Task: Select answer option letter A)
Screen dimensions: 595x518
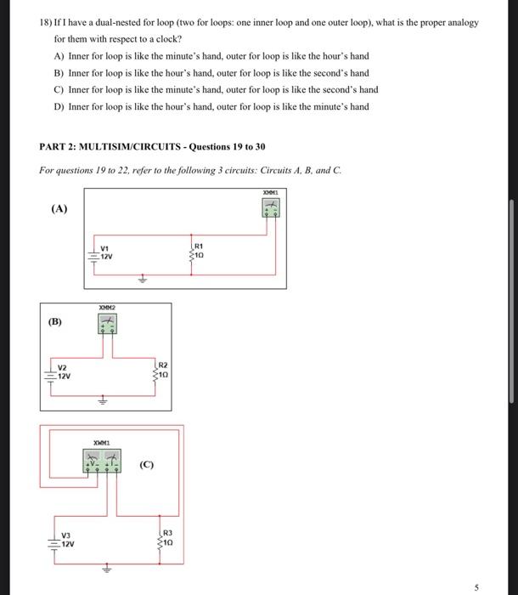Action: click(59, 56)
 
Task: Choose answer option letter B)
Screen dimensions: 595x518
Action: click(59, 73)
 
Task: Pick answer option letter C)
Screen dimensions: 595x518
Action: click(59, 90)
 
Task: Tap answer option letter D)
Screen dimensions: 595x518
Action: click(59, 107)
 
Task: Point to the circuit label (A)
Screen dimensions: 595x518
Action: click(59, 209)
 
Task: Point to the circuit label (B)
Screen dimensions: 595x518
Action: click(54, 323)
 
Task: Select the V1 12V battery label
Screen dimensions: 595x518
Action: click(106, 252)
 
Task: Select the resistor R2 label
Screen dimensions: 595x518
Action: click(163, 368)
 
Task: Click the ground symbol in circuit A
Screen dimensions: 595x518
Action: click(143, 278)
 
